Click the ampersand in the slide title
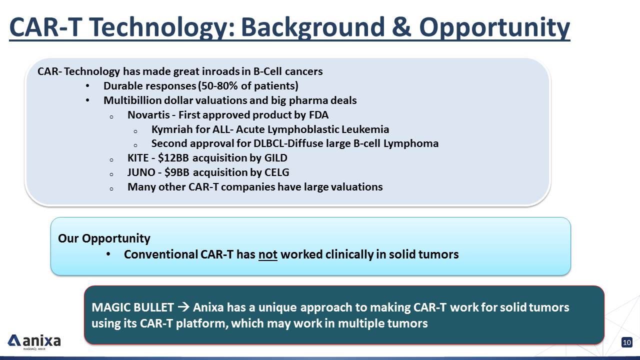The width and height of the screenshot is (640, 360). tap(401, 27)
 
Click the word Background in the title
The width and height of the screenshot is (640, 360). tap(313, 27)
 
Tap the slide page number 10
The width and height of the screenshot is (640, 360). tap(627, 342)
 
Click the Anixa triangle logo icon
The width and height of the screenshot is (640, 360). tap(14, 340)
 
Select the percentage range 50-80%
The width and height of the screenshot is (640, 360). tap(219, 85)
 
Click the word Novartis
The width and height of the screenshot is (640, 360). tap(148, 115)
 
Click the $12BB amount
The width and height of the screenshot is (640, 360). tap(173, 157)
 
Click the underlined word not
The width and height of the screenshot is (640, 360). tap(267, 254)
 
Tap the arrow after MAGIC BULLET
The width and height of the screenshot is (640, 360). tap(183, 307)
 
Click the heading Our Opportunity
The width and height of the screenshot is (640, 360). tap(104, 238)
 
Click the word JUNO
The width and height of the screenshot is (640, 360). tap(141, 172)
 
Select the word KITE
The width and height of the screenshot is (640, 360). tap(138, 157)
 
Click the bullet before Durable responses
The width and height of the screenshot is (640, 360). tap(87, 85)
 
